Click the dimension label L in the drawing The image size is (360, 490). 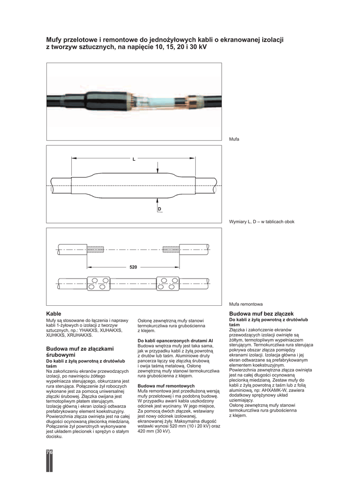tap(134, 159)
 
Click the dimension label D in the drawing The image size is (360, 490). tap(159, 209)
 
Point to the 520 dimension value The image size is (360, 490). tap(134, 267)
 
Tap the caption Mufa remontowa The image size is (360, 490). tap(246, 304)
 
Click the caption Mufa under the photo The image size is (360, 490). tap(234, 139)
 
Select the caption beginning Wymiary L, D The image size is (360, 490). tap(261, 222)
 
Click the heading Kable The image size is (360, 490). tap(54, 313)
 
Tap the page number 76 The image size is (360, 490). tap(49, 452)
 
